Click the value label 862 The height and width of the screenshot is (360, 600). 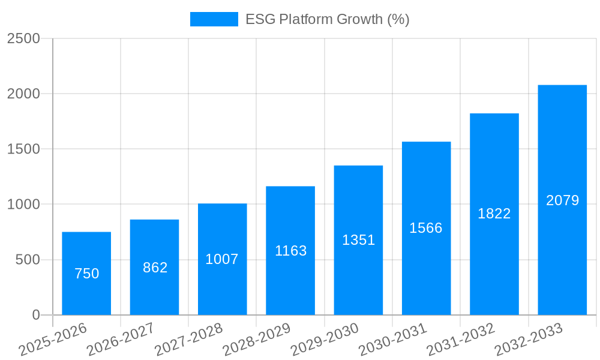click(x=155, y=268)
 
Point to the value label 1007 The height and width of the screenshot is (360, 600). click(x=222, y=259)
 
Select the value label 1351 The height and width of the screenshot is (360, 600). click(x=358, y=240)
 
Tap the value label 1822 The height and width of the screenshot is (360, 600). click(x=494, y=214)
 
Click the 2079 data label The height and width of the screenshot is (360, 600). click(x=562, y=200)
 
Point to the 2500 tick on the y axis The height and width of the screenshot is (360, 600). click(x=23, y=38)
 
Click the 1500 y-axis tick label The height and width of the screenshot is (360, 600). click(x=23, y=149)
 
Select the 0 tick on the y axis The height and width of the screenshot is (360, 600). click(x=35, y=315)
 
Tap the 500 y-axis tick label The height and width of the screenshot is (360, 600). click(x=27, y=260)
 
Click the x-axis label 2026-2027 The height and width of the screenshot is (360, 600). click(x=121, y=339)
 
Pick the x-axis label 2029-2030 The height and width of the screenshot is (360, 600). click(x=325, y=339)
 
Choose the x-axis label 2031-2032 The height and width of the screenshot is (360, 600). click(x=461, y=339)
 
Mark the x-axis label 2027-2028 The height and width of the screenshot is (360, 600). click(x=189, y=339)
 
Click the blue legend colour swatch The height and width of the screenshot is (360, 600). click(x=214, y=19)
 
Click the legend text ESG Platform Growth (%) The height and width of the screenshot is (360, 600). click(x=328, y=19)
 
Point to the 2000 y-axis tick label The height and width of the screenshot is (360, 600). click(x=23, y=94)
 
